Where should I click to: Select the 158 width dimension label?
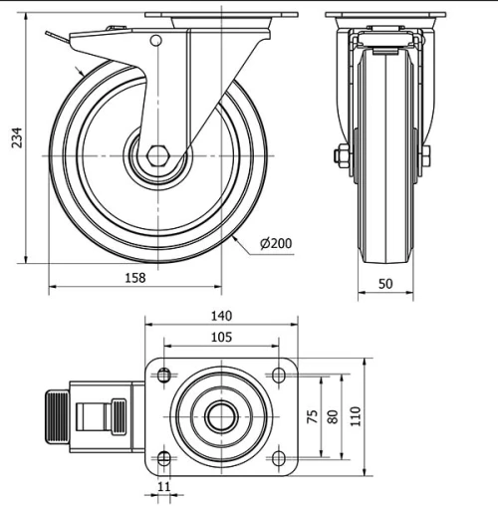tap(133, 278)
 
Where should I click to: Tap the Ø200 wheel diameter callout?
tap(276, 243)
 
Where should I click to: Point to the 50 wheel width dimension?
tap(386, 284)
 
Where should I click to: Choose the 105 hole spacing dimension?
tap(221, 338)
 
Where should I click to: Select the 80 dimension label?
tap(332, 415)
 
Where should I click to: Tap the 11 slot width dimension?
tap(165, 488)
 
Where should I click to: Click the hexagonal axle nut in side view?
tap(156, 157)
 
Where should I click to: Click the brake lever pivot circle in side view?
tap(154, 40)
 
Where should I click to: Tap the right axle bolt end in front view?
tap(427, 158)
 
